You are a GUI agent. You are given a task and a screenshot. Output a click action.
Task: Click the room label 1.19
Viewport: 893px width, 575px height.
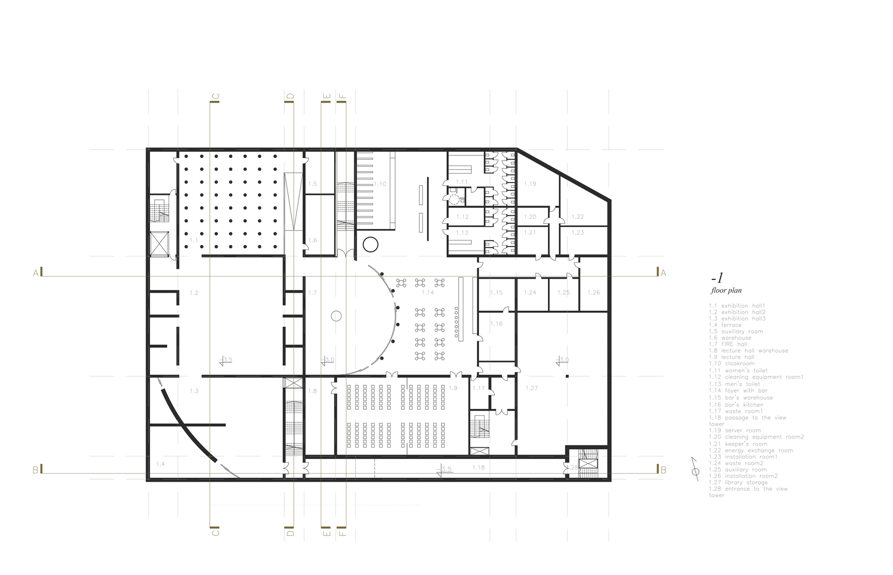tap(530, 184)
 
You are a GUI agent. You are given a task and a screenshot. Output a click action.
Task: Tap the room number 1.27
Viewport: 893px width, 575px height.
tap(532, 388)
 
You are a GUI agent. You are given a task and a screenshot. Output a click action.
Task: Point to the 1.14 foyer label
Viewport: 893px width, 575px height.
tap(428, 292)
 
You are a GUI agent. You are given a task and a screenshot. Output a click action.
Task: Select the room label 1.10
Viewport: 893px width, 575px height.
tap(380, 184)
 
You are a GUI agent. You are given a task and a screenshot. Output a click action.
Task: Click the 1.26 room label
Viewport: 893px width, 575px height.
tap(593, 292)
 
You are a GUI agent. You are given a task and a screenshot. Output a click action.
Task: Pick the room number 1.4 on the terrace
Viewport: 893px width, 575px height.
tap(160, 464)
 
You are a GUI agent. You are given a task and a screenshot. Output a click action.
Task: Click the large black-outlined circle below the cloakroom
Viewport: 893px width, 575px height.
tap(370, 245)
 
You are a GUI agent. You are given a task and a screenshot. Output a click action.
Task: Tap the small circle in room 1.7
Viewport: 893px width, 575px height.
tap(336, 316)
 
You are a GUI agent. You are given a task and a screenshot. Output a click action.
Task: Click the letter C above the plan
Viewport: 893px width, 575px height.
tap(215, 97)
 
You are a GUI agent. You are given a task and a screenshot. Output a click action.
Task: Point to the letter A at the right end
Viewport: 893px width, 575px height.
tap(663, 273)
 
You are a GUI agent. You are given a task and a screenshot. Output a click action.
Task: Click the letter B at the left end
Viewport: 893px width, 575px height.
tap(35, 470)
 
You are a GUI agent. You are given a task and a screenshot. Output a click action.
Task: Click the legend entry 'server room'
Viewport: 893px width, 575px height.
tap(735, 430)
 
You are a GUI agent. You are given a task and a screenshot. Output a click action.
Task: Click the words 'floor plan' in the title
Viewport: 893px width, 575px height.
tap(726, 291)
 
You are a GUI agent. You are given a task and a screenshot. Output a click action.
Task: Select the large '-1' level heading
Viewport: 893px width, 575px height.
tap(717, 278)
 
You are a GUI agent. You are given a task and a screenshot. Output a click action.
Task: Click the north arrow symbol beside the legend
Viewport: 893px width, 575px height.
tap(695, 469)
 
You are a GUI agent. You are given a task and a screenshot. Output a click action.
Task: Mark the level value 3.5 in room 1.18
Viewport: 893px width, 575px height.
tap(447, 469)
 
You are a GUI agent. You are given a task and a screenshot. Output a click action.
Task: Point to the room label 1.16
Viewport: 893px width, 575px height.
tap(496, 324)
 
